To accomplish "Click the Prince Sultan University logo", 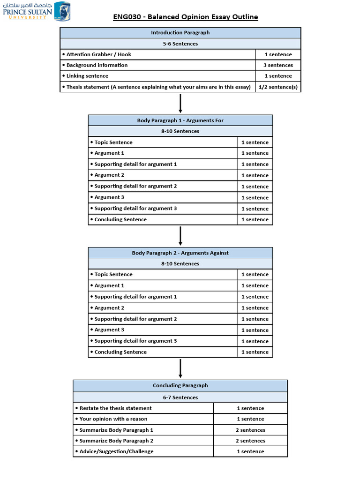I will (x=37, y=12).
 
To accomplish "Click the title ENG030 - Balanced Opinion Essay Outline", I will (x=186, y=17).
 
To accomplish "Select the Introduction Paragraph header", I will (x=180, y=33).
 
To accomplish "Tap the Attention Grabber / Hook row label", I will (x=98, y=54).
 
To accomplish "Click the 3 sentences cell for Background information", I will (x=278, y=65).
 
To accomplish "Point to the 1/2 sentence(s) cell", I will (x=278, y=87).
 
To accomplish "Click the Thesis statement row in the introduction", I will (x=158, y=87).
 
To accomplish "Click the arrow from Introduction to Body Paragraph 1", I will (x=180, y=103).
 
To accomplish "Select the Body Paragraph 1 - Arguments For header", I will (x=180, y=120).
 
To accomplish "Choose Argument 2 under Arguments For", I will (x=109, y=175).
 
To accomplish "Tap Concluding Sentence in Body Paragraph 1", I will (x=120, y=219).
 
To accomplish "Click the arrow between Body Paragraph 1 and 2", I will (x=180, y=236).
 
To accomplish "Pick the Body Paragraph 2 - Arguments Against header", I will (x=180, y=253).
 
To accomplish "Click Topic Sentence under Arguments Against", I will (x=113, y=275).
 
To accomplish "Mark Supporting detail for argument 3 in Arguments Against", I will (x=135, y=341).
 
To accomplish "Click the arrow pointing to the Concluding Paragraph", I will (x=180, y=368).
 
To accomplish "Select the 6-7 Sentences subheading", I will (x=180, y=397).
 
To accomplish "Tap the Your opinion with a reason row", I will (x=113, y=419).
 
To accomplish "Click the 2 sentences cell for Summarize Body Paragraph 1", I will (x=250, y=430).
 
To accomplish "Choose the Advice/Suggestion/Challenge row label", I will (x=116, y=451).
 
